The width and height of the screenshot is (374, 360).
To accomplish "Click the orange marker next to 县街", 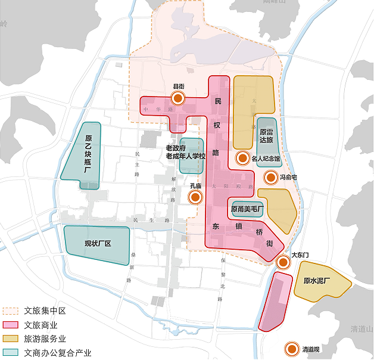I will (x=177, y=99).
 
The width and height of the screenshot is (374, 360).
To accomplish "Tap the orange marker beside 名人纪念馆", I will (x=242, y=158).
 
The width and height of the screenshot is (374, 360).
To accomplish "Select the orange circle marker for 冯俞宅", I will (x=270, y=177).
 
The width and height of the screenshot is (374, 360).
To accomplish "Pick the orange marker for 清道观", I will (x=292, y=349).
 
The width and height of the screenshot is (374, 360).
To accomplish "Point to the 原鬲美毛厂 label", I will (x=247, y=209).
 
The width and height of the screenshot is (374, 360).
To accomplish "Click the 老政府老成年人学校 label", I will (x=185, y=152).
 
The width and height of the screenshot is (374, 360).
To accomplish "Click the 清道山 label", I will (x=361, y=329).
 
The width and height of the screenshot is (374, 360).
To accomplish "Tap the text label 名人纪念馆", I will (x=266, y=159).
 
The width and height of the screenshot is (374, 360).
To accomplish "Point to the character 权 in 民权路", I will (x=217, y=126).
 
